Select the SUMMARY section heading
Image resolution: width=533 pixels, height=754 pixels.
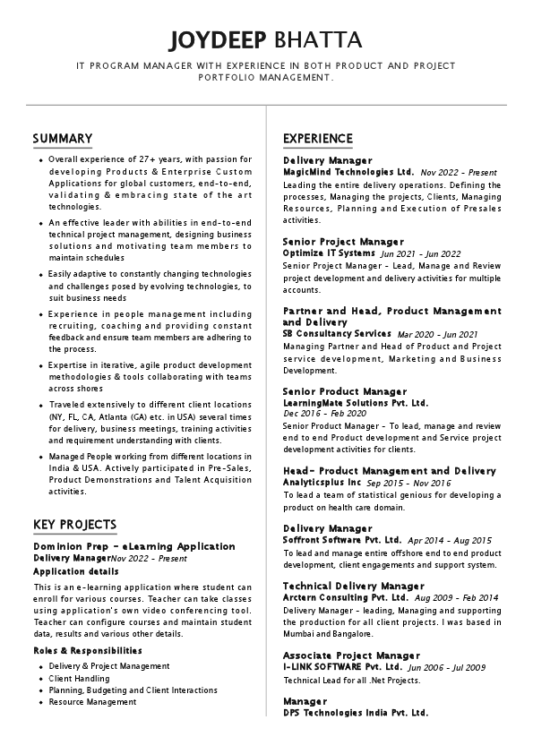click(x=63, y=138)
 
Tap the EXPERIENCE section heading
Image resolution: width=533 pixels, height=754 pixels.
click(x=318, y=138)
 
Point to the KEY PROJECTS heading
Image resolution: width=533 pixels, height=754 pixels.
click(x=74, y=524)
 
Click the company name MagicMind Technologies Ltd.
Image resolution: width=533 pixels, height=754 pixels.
click(x=348, y=171)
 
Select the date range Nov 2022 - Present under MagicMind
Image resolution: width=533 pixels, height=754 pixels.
click(x=459, y=172)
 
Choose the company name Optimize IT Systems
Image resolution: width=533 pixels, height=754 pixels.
click(x=329, y=253)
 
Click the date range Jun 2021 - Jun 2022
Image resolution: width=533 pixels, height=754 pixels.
click(x=421, y=253)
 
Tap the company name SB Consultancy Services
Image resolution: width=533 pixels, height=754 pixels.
click(x=337, y=333)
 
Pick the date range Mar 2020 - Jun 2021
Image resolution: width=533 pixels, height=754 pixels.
click(x=437, y=334)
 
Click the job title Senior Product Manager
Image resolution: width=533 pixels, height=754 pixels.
click(x=345, y=391)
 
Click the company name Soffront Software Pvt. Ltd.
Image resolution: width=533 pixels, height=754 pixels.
click(x=342, y=540)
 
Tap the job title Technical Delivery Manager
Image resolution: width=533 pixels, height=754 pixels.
click(x=353, y=586)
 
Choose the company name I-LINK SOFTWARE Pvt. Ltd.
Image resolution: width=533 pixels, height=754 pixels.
click(x=342, y=667)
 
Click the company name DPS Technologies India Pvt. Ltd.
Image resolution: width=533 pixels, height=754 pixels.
click(x=355, y=713)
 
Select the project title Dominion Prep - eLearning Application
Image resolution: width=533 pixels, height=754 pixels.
click(x=134, y=545)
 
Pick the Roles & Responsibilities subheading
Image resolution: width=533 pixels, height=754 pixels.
click(x=88, y=650)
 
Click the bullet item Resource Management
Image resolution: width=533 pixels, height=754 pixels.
click(x=93, y=702)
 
